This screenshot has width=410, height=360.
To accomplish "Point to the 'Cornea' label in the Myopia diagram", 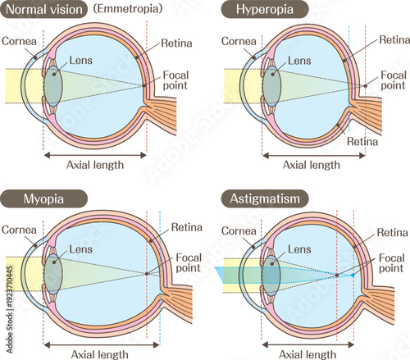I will tap(18, 229).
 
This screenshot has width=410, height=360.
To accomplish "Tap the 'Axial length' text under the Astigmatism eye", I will tap(311, 354).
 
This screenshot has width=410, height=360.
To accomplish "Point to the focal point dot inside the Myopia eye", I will tap(147, 274).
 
